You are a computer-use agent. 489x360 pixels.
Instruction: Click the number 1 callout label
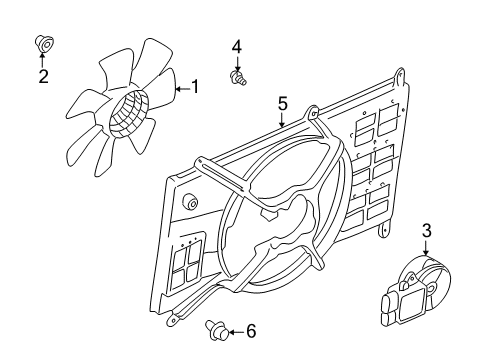pyautogui.click(x=195, y=88)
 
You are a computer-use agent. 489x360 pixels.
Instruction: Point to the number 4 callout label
pyautogui.click(x=237, y=46)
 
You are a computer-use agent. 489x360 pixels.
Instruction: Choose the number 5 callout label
pyautogui.click(x=283, y=103)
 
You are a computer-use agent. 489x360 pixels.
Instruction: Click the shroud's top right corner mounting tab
pyautogui.click(x=400, y=76)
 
